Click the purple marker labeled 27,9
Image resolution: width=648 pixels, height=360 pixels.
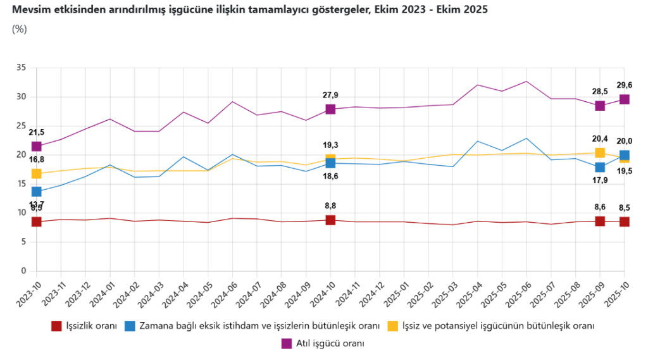pos(330,109)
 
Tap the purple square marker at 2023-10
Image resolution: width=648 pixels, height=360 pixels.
pos(36,146)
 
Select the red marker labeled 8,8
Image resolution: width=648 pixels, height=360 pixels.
pos(330,220)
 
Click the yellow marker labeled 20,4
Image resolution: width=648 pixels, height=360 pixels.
pos(600,152)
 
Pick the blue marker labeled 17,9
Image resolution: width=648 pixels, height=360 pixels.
pos(600,167)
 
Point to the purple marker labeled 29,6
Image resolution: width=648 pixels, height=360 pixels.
pos(625,99)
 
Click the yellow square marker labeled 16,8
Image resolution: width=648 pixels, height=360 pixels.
pos(36,173)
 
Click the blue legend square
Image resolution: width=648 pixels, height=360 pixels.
pos(130,326)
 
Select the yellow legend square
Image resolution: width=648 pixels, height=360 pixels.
pos(393,326)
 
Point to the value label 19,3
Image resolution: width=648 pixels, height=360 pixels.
pos(330,145)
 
